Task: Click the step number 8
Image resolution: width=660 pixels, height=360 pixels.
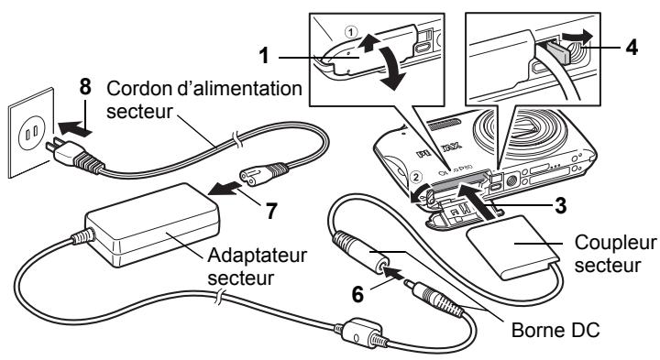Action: point(85,87)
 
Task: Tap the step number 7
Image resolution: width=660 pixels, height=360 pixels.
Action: point(271,211)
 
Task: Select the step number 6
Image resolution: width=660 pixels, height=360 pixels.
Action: point(357,294)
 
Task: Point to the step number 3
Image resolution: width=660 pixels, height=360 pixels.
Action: point(560,206)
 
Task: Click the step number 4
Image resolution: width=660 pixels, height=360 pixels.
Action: point(632,47)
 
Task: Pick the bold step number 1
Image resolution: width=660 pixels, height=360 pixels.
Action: point(264,56)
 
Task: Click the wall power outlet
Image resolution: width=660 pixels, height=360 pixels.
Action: point(31,133)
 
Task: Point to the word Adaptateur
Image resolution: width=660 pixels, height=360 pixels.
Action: point(258,256)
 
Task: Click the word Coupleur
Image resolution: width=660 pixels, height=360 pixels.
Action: point(615,244)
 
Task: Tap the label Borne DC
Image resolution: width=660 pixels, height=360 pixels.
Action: point(555,330)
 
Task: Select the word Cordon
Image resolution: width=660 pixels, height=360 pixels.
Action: point(139,89)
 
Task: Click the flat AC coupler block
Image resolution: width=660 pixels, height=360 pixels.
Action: point(512,246)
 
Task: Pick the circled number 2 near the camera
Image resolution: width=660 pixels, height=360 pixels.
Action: point(416,177)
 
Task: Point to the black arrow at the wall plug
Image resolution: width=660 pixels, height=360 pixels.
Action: point(75,127)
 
